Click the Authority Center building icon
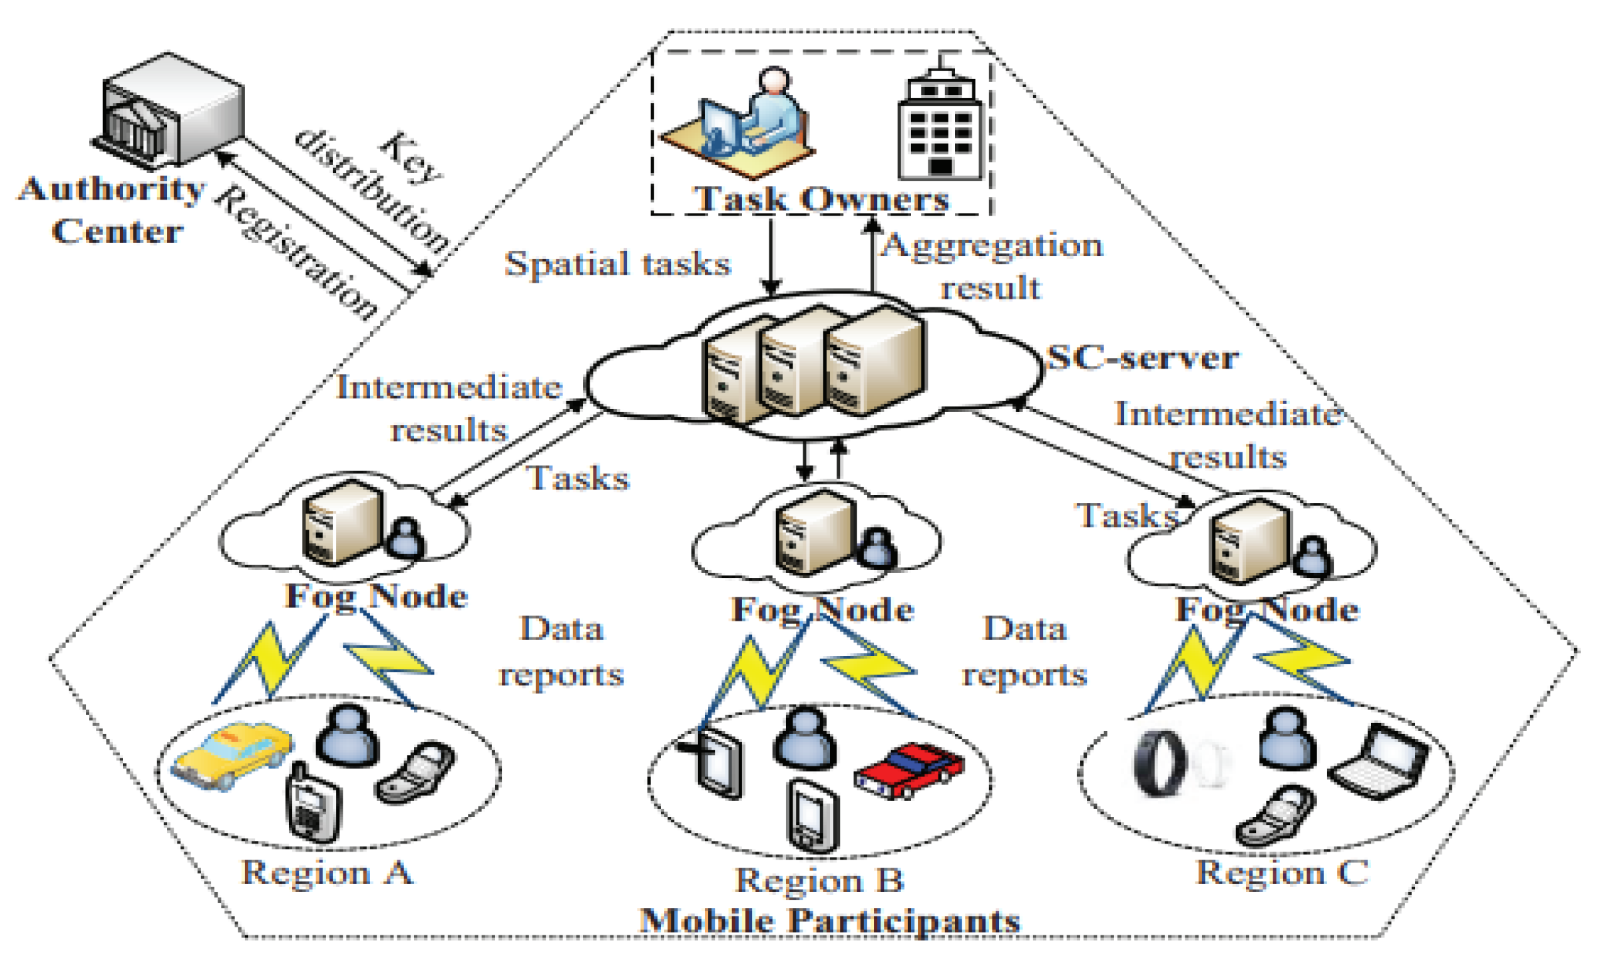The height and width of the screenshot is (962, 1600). tap(170, 110)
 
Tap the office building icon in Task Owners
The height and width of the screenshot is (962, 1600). tap(940, 126)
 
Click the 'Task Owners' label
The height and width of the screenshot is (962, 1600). tap(821, 199)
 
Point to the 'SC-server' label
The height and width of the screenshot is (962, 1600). tap(1142, 358)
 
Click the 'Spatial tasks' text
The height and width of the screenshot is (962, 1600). tap(617, 263)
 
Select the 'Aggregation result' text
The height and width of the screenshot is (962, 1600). tap(992, 266)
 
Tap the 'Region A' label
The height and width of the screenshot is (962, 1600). tap(327, 872)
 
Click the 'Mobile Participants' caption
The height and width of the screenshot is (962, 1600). tap(829, 921)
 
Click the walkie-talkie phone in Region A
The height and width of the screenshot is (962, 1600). tap(313, 805)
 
